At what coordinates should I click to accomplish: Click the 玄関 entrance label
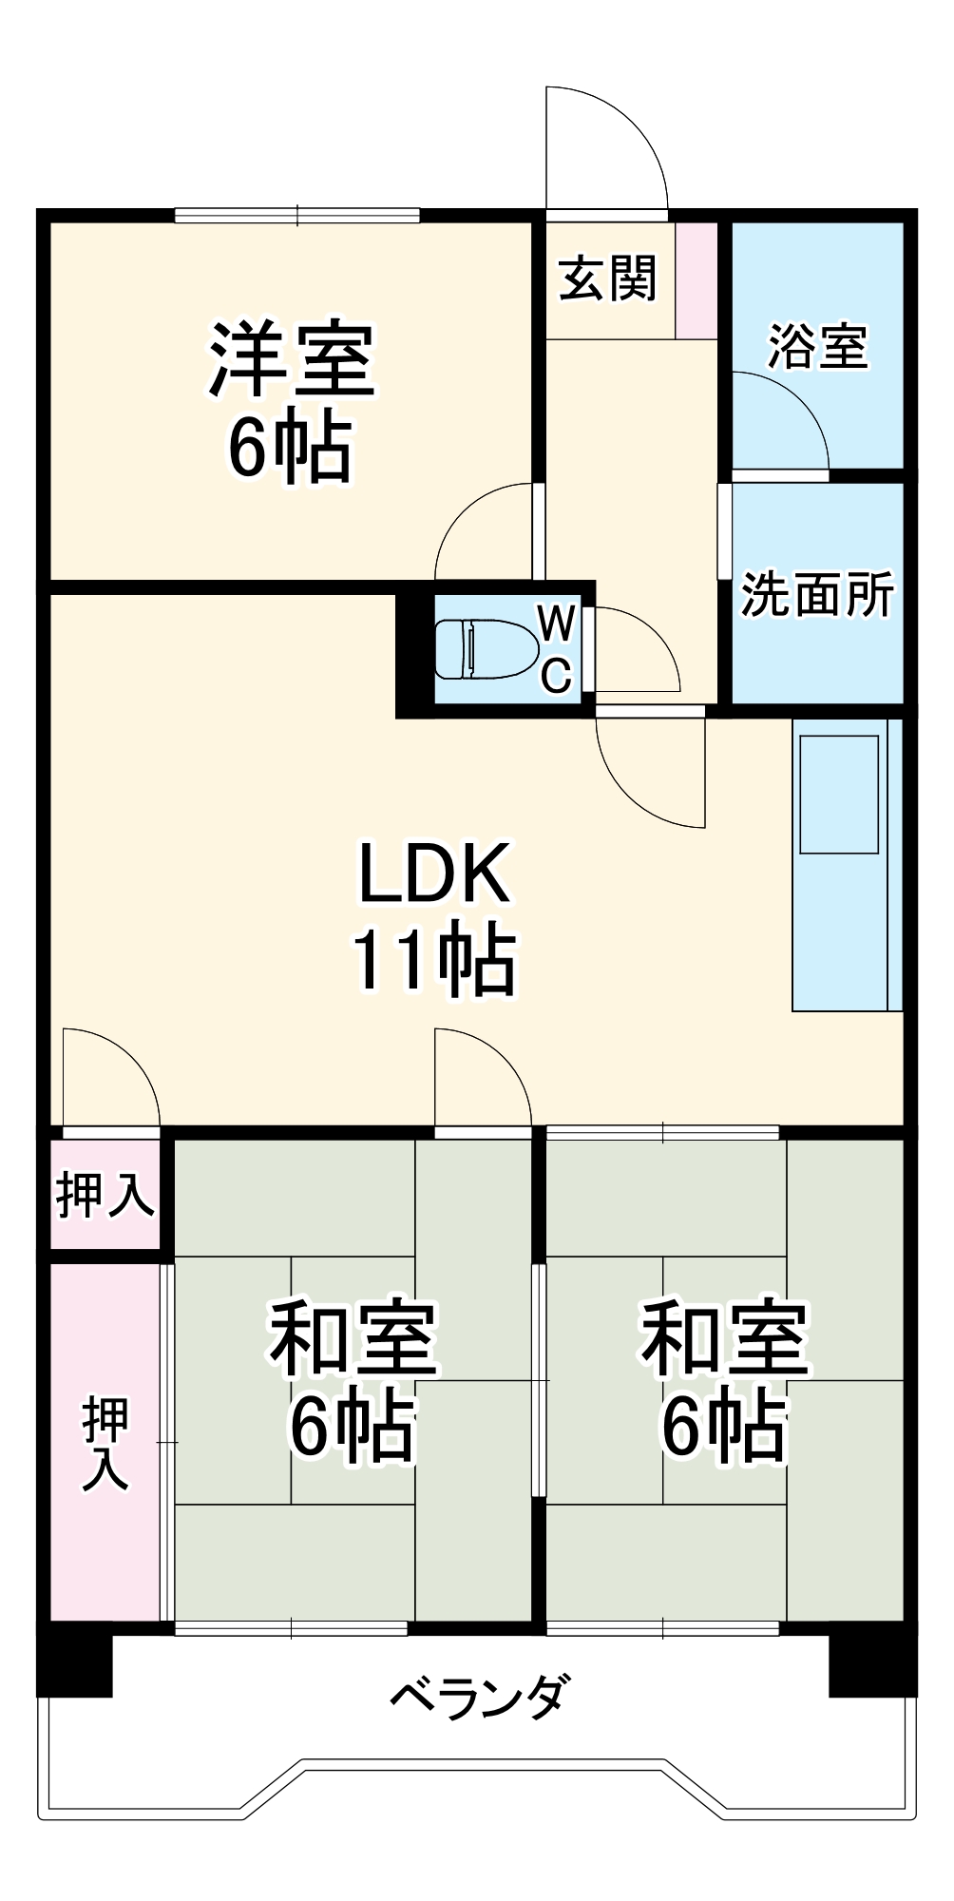[607, 279]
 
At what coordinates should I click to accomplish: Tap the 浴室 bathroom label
[817, 347]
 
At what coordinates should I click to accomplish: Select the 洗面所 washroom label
[817, 595]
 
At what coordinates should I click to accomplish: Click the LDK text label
[434, 873]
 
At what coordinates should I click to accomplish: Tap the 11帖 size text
[434, 960]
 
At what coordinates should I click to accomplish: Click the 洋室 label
[292, 361]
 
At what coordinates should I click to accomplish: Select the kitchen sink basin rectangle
[839, 795]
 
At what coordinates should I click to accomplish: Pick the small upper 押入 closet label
[105, 1195]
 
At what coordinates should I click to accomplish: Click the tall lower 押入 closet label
[105, 1443]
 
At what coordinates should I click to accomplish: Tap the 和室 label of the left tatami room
[353, 1340]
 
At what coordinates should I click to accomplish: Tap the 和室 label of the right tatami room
[724, 1340]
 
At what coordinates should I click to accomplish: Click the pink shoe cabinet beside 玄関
[696, 279]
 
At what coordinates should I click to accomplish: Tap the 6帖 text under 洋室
[290, 449]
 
